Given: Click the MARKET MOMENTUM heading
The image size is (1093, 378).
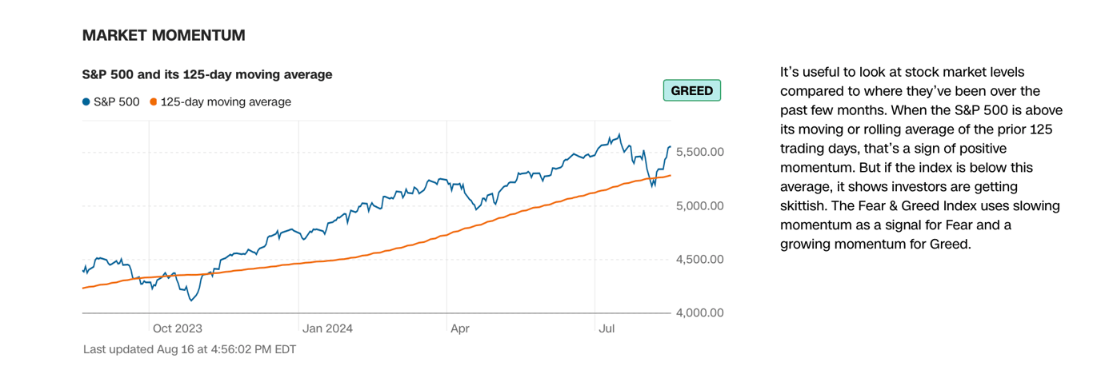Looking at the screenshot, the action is click(163, 35).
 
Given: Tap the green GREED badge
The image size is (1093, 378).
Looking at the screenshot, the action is click(691, 90).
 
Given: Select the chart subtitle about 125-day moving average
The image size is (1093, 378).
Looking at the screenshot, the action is click(207, 74).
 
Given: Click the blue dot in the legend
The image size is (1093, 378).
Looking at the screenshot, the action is click(86, 101).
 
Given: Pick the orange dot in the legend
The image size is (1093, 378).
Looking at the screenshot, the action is click(153, 101).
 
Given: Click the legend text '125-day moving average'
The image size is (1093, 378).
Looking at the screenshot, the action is click(226, 101).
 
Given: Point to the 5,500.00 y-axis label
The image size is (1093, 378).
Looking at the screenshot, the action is click(699, 152).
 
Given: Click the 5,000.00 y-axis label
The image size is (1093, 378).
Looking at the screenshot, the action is click(699, 206).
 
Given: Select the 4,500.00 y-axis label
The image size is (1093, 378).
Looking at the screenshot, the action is click(699, 259).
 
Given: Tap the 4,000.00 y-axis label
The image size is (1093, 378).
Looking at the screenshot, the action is click(699, 312).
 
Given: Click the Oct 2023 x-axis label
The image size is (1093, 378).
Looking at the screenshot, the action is click(177, 328).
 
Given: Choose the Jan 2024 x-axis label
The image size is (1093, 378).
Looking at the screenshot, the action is click(327, 328).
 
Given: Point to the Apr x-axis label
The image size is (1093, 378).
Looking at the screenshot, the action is click(459, 328).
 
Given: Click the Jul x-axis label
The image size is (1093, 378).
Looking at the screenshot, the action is click(607, 328).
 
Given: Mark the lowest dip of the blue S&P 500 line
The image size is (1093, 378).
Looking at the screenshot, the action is click(190, 300).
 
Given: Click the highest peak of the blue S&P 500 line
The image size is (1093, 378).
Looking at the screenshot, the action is click(619, 134).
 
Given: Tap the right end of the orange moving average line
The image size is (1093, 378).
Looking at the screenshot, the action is click(671, 175).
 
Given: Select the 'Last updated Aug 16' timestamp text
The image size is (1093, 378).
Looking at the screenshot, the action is click(190, 350).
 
